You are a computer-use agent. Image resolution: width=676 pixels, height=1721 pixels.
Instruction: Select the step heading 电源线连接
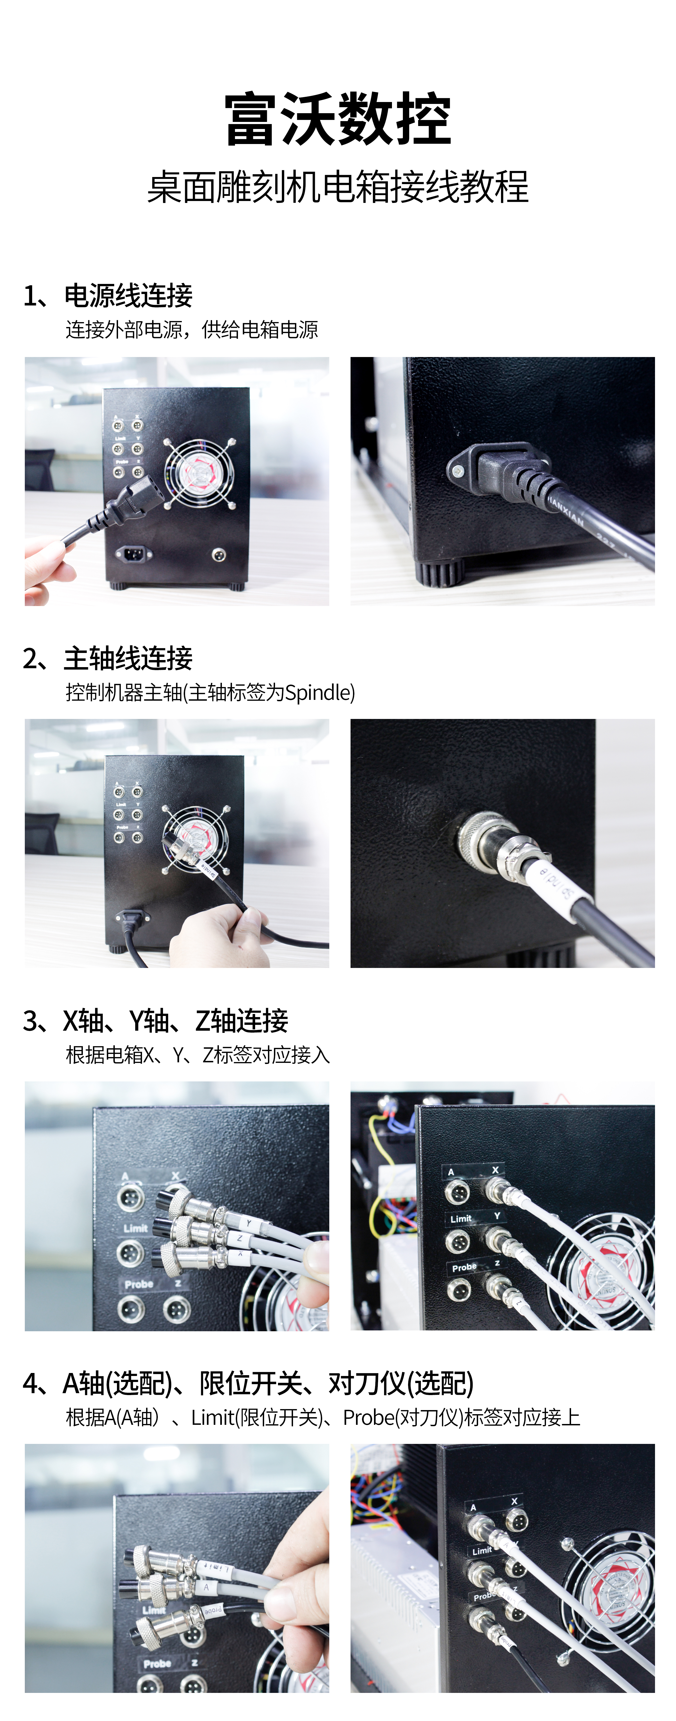pos(128,295)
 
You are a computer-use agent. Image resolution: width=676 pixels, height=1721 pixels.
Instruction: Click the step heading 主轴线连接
pos(128,658)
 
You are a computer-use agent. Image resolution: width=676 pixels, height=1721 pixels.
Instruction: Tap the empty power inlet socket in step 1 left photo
pos(134,554)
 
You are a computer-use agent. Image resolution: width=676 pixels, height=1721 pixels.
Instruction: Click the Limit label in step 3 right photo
pos(461,1219)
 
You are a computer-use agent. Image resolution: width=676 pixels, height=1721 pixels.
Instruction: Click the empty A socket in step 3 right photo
pos(458,1191)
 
